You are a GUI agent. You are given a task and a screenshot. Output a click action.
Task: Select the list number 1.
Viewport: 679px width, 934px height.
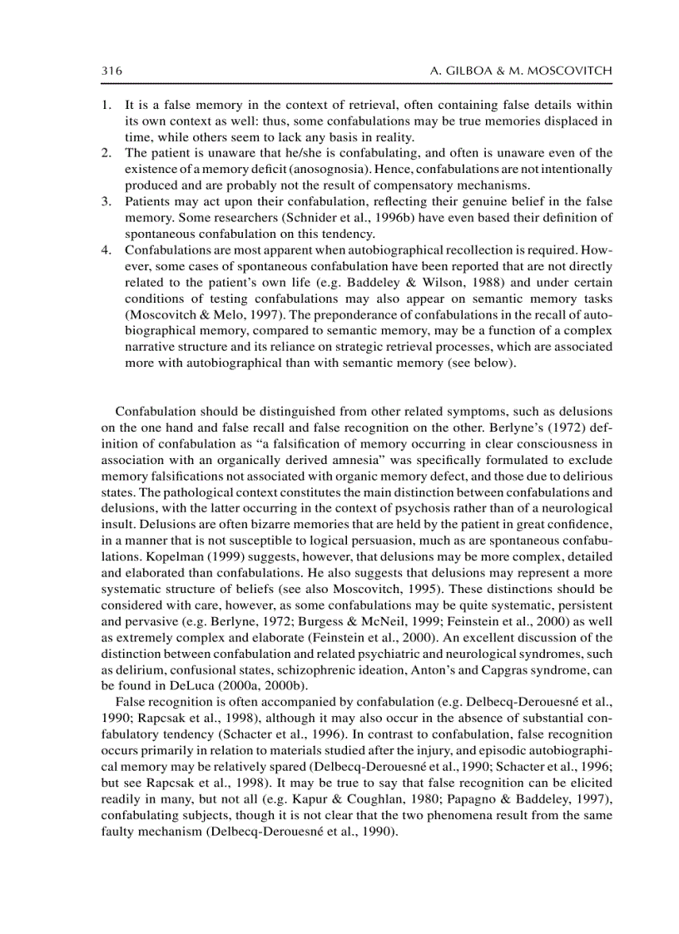[105, 106]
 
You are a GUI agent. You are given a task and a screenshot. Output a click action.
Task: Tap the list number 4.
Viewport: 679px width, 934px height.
[105, 250]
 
